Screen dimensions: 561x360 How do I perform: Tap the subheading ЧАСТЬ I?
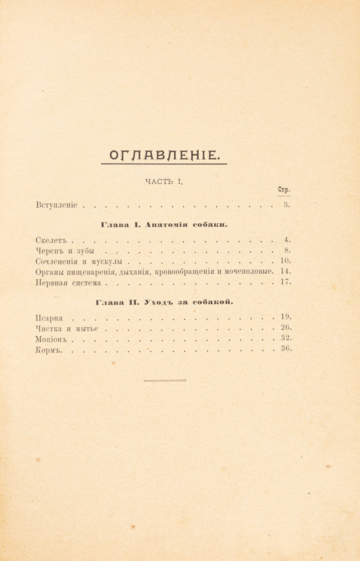164,182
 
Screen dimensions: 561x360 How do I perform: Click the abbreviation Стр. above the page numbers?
284,190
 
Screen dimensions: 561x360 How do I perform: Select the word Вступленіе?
57,205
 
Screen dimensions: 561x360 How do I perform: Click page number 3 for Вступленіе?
286,204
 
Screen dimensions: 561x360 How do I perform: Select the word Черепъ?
50,251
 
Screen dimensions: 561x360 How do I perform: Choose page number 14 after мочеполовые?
285,271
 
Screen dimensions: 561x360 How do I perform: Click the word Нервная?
52,283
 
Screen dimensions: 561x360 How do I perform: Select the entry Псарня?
49,318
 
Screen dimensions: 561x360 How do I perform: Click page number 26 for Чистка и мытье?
286,327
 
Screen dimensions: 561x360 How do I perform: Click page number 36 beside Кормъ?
286,349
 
